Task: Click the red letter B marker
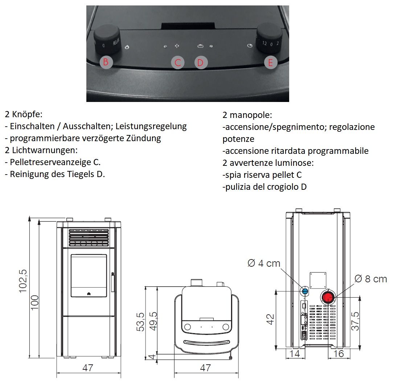[x=106, y=62]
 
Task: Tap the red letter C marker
[x=177, y=62]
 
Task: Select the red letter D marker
[x=200, y=62]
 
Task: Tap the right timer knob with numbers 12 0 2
[x=270, y=39]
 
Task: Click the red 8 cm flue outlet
[x=328, y=298]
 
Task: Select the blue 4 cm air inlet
[x=305, y=291]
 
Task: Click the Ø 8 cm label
[x=370, y=279]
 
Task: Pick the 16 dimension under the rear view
[x=339, y=353]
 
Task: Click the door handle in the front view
[x=112, y=282]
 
